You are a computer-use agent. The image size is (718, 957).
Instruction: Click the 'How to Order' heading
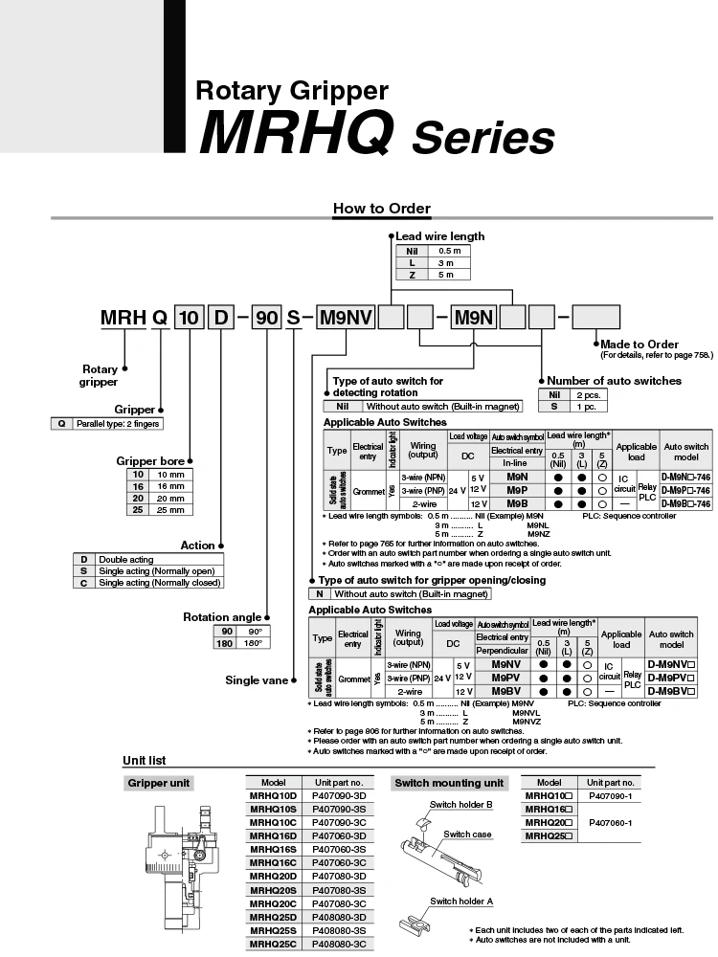point(381,209)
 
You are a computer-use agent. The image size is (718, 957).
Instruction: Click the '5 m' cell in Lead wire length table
point(448,274)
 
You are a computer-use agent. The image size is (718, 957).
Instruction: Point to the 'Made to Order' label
point(639,344)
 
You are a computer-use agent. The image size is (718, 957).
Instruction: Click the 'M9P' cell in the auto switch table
point(516,489)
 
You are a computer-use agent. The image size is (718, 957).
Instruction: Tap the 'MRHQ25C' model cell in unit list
point(274,943)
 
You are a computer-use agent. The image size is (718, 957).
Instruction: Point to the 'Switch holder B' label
point(460,804)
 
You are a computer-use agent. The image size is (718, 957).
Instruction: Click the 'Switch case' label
point(467,835)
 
